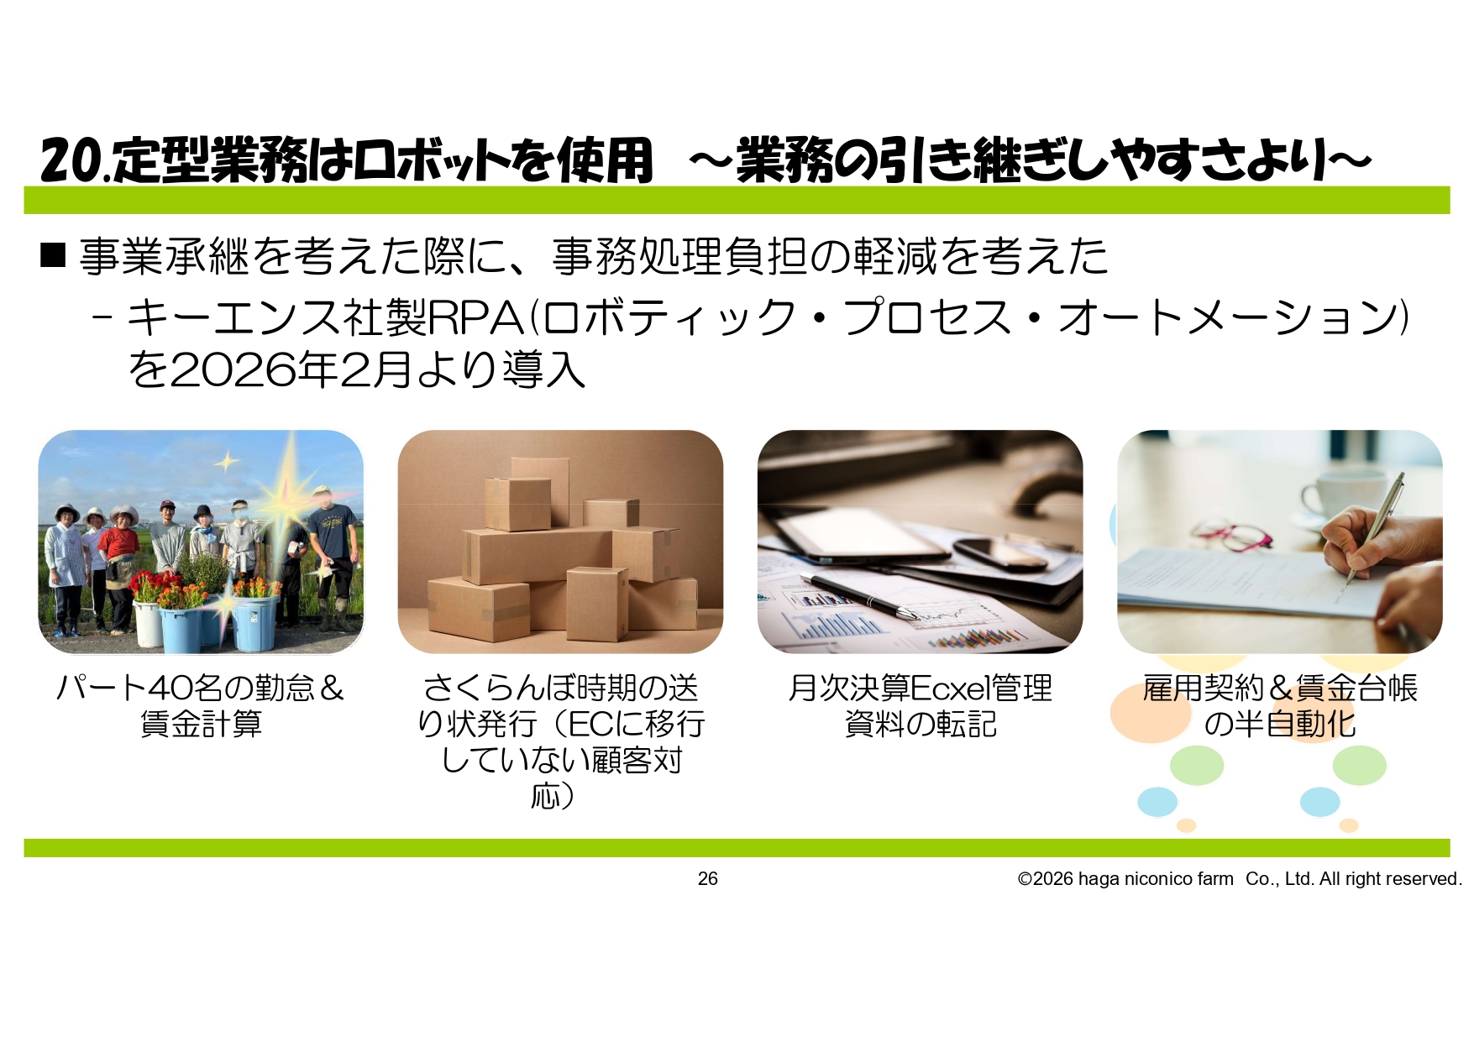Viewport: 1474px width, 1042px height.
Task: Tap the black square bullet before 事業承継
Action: coord(53,254)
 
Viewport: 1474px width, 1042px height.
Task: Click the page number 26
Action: coord(708,878)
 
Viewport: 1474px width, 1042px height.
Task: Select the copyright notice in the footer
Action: coord(1240,878)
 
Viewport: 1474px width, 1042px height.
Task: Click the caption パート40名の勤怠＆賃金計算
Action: coord(201,705)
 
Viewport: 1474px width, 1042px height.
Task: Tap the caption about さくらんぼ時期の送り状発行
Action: coord(560,741)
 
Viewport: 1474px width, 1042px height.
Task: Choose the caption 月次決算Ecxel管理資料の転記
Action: coord(921,705)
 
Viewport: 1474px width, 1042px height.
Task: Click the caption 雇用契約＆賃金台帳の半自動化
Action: coord(1280,705)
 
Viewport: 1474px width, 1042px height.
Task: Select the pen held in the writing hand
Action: coord(1374,529)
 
